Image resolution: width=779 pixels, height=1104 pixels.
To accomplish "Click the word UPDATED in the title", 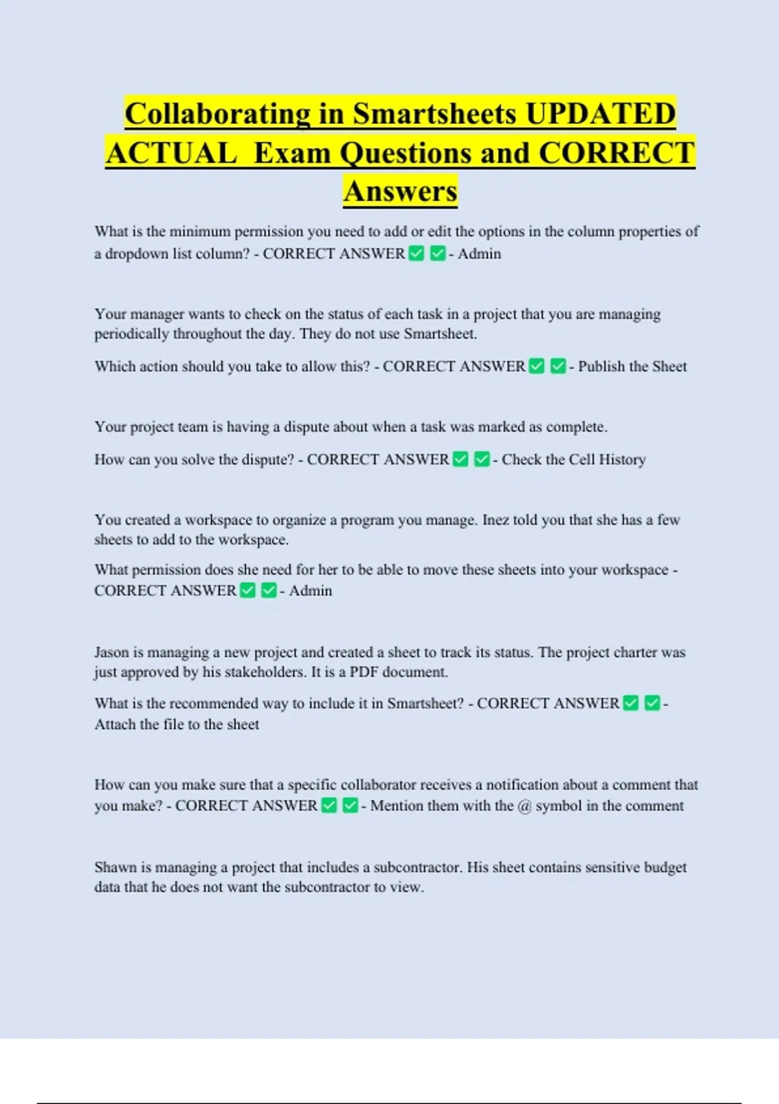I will [x=600, y=114].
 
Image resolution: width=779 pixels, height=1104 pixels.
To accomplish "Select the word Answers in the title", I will [x=401, y=192].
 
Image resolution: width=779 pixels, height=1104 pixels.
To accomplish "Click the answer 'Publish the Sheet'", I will [x=632, y=366].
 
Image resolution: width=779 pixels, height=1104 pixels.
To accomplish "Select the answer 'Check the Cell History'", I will [x=574, y=460].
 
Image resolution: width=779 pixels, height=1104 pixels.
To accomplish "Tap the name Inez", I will [x=495, y=520].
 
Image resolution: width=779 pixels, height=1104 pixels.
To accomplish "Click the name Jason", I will [x=112, y=652].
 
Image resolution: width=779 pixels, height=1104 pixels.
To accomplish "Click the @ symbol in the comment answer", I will [x=525, y=806].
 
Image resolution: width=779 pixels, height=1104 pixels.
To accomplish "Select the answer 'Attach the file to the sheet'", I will [x=177, y=725].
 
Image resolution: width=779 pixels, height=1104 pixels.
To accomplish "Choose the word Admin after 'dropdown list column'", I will [x=479, y=254].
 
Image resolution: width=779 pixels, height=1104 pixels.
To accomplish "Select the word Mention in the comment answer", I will [x=397, y=806].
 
